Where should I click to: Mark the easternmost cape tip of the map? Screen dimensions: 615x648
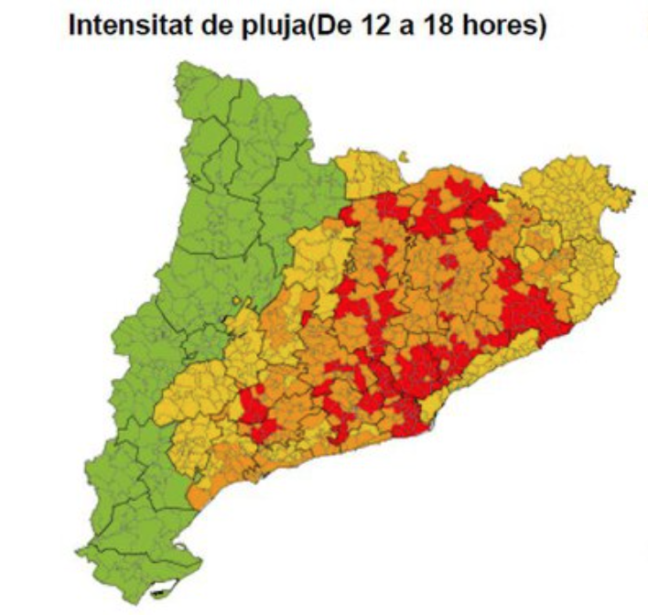pos(632,192)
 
